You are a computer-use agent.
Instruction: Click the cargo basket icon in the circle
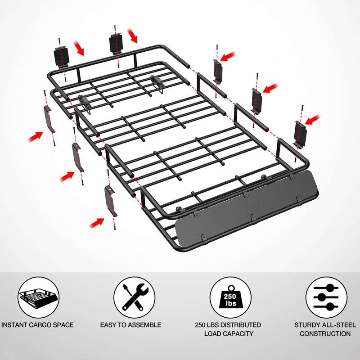[39, 297]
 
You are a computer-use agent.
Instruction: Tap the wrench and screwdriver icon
[134, 297]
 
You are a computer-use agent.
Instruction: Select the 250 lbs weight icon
[230, 297]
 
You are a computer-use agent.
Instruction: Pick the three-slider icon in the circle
[326, 297]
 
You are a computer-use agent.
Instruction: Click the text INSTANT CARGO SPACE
[37, 324]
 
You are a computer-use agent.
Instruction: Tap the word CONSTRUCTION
[325, 333]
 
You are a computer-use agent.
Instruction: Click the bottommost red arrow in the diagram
[97, 222]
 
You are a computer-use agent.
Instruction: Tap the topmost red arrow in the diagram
[132, 35]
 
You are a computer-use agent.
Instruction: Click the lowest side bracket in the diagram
[110, 200]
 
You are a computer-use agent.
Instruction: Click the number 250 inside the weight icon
[230, 297]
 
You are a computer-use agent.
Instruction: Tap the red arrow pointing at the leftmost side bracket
[36, 135]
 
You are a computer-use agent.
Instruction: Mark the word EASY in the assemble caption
[109, 324]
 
